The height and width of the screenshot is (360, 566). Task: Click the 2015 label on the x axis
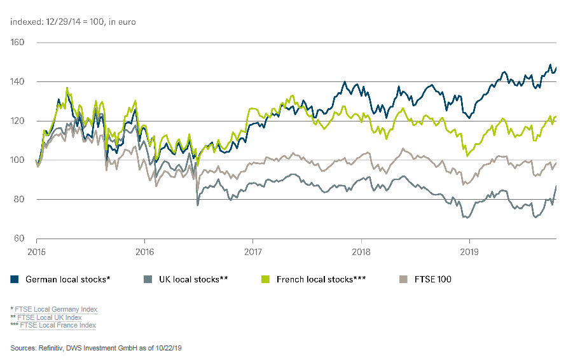tap(36, 251)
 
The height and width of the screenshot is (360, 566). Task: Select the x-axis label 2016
tap(145, 251)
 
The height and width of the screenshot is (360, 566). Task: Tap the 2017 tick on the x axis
tap(253, 251)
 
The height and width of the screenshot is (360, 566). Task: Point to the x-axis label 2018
tap(361, 251)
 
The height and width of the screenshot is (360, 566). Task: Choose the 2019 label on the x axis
tap(469, 251)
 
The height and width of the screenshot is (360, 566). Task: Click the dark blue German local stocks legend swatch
tap(14, 279)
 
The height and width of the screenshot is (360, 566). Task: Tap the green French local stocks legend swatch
tap(266, 279)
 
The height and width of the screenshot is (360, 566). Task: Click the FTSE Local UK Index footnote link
tap(50, 317)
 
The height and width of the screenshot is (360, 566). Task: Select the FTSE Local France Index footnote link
tap(58, 325)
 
